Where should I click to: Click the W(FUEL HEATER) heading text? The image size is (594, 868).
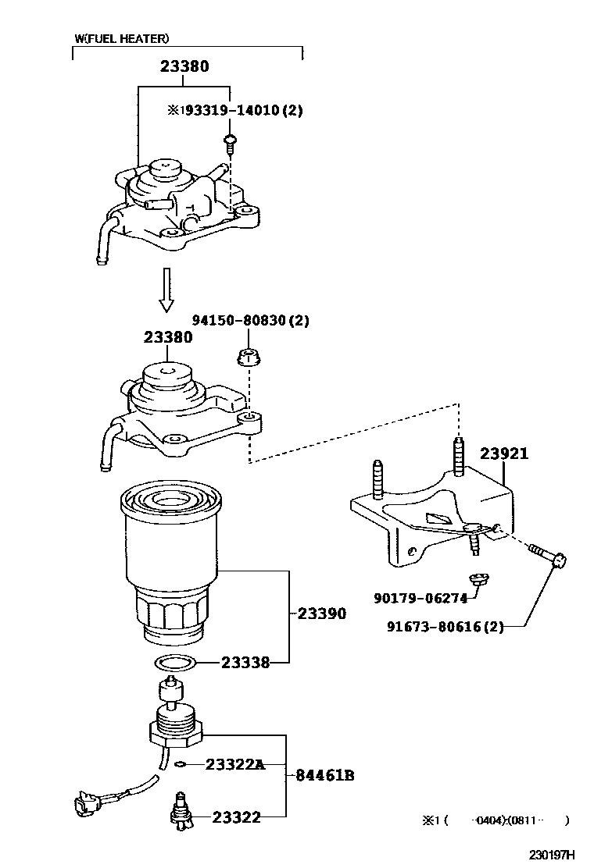(121, 37)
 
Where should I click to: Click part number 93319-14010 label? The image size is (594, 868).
(234, 110)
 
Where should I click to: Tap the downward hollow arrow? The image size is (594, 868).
(165, 290)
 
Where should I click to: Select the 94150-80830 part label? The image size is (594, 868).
(251, 320)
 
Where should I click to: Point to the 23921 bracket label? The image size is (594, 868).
(503, 454)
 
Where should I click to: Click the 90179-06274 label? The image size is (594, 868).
(420, 599)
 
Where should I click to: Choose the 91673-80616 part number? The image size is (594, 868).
(444, 626)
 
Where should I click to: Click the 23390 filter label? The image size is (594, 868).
(321, 614)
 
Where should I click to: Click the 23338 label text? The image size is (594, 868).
(245, 663)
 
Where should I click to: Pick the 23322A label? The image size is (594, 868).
(235, 764)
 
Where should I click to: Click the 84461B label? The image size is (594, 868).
(325, 775)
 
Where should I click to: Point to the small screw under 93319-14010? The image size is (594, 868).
(230, 141)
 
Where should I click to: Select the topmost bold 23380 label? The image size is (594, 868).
(184, 67)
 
